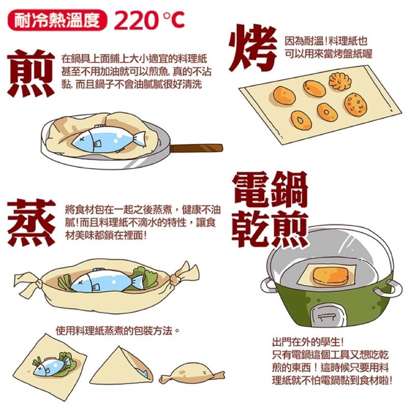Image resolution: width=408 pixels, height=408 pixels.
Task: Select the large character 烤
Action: click(x=253, y=49)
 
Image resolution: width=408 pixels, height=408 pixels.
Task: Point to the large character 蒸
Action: click(x=32, y=222)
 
